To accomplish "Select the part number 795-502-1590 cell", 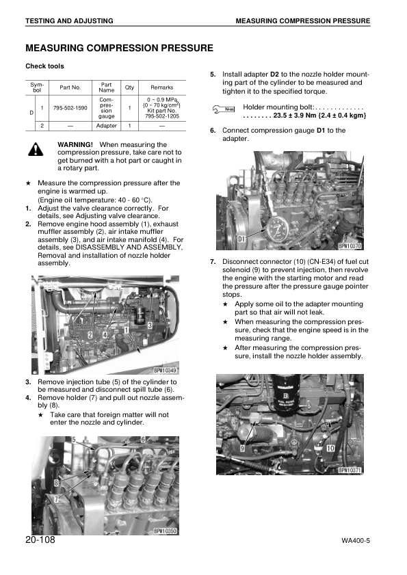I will point(70,108).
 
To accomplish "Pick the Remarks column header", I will point(161,88).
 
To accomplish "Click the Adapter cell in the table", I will point(107,126).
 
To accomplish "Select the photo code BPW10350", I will point(165,531).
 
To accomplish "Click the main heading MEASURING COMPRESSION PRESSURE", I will point(119,48).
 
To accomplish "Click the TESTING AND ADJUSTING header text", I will point(69,22).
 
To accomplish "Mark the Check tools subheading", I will point(45,66).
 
